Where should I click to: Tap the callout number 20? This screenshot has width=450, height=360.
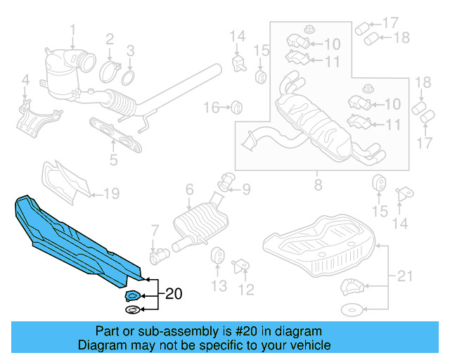pos(173,295)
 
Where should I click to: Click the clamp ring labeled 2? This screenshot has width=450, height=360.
pos(110,70)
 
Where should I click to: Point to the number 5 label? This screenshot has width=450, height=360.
pos(114,160)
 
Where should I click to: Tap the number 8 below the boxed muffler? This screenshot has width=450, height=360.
pos(318,186)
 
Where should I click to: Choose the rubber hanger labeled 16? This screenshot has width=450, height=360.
pos(237,107)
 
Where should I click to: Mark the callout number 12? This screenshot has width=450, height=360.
pos(246,289)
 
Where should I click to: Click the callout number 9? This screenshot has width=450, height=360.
pos(245,188)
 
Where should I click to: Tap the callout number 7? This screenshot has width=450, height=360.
pos(155,230)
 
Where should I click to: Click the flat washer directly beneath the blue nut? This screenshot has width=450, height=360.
pos(132,310)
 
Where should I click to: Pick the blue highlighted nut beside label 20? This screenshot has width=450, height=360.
pos(132,295)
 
